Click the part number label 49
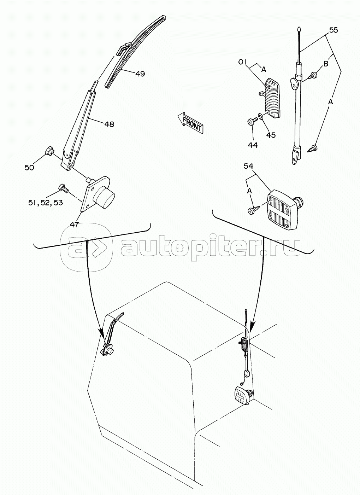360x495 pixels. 140,74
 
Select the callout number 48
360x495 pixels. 109,124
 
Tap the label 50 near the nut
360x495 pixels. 29,168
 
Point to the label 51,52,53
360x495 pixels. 46,203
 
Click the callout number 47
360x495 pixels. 74,225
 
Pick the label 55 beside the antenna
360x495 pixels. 334,30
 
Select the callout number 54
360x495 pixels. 248,166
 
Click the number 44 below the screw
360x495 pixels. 253,145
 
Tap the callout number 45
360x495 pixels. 271,135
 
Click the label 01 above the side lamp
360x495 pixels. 242,62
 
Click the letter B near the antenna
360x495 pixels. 325,64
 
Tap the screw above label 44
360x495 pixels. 252,121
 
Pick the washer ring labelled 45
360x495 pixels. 260,116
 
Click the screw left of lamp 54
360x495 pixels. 254,210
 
